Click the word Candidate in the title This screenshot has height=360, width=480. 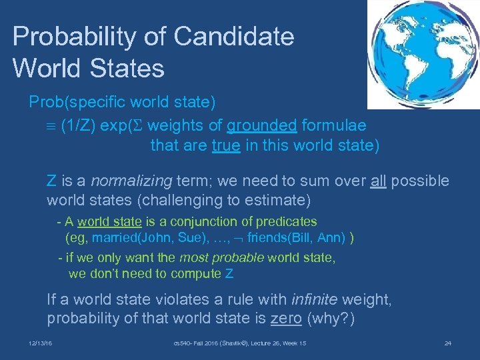click(239, 37)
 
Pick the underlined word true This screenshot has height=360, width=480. click(226, 145)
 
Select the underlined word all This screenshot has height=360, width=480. click(379, 181)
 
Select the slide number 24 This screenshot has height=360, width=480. click(448, 343)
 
